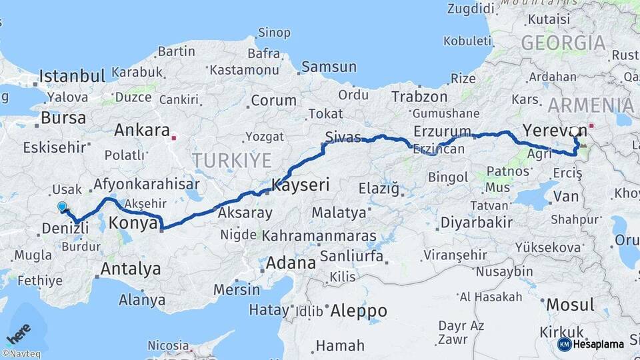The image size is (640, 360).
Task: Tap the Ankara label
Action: [141, 129]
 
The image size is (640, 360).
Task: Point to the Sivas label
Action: [343, 137]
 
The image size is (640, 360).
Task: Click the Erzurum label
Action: [442, 131]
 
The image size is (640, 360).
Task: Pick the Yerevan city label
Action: [545, 130]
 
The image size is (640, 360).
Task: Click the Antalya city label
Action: [130, 269]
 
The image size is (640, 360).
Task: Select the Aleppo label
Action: [359, 311]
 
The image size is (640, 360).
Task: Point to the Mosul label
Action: [570, 305]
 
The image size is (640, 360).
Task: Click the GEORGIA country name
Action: [563, 44]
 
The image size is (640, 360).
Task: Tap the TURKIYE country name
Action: [232, 160]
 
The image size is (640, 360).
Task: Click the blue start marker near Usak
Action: [62, 207]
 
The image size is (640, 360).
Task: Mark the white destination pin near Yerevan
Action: [575, 131]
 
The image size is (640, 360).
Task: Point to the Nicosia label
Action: [167, 346]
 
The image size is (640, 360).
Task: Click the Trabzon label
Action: [419, 97]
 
